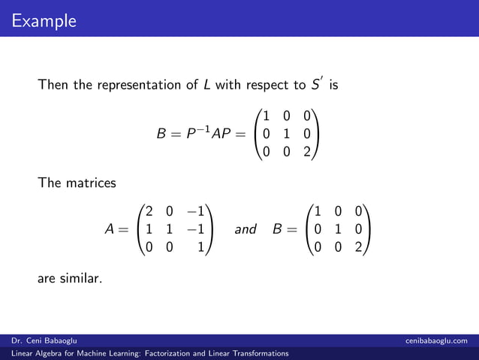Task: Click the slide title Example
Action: [x=44, y=20]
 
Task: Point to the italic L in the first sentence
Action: [x=207, y=85]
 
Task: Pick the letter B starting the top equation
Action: [x=161, y=135]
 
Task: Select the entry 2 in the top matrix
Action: [x=307, y=153]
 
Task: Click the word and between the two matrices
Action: [x=246, y=228]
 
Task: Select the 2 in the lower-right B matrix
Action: [x=360, y=247]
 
